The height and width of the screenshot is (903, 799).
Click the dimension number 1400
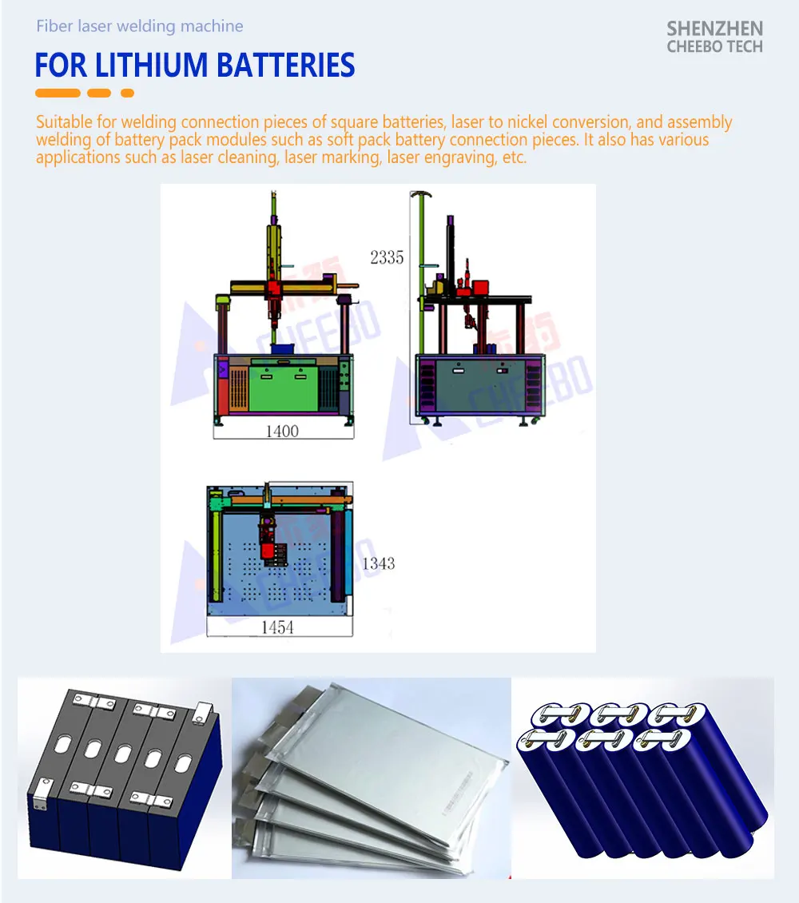281,432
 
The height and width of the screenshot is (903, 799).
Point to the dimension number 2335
387,257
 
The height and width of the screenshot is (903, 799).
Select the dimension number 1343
378,563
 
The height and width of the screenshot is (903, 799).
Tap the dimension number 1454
277,628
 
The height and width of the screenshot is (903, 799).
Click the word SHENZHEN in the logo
714,29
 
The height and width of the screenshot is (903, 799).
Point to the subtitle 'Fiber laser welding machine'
140,26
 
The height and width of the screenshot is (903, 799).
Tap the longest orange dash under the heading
58,93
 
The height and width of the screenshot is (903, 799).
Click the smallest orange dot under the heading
127,93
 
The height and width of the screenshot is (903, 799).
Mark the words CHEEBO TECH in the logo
714,46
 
